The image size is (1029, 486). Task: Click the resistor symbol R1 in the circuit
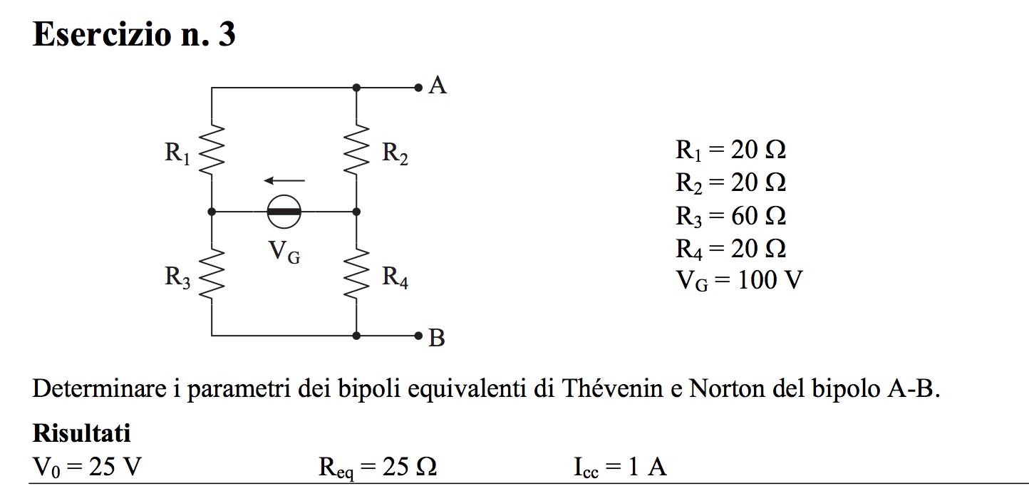pos(212,150)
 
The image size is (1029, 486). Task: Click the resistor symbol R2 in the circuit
pos(356,150)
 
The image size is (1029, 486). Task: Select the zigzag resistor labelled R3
pos(212,274)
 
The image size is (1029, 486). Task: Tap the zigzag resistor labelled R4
pos(356,274)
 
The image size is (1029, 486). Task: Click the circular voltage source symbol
pos(284,212)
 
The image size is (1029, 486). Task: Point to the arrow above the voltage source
pos(284,180)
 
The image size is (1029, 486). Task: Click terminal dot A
pos(418,87)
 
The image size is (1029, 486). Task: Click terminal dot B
pos(418,336)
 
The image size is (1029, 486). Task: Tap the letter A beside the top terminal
pos(438,86)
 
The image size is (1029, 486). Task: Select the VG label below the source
pos(284,252)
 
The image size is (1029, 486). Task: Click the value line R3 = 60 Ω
pos(730,216)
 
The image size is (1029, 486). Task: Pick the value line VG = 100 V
pos(739,280)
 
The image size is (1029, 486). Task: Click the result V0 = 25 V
pos(87,467)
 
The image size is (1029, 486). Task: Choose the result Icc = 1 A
pos(620,467)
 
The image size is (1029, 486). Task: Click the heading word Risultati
pos(81,433)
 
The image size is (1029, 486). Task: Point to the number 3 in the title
pos(227,34)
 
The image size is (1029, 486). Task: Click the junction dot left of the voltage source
pos(212,212)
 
